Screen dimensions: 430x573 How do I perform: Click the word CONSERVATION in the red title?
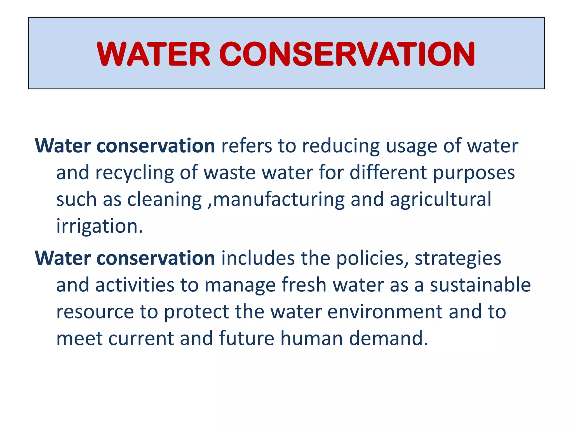[347, 54]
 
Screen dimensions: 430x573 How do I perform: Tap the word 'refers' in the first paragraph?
[246, 146]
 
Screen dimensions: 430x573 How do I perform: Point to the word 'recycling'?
[134, 173]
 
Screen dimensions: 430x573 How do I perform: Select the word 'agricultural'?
[440, 200]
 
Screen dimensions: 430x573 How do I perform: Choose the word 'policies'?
[372, 258]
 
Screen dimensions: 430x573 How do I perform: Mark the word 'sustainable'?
[480, 285]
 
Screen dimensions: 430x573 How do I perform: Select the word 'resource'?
[95, 312]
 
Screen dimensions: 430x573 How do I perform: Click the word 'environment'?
[385, 312]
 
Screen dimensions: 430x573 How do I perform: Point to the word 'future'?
[246, 338]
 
